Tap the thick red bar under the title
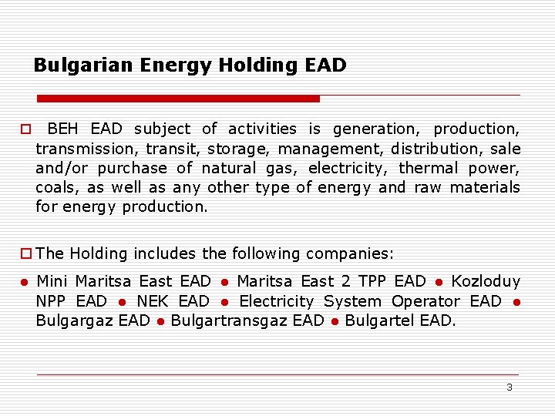pos(178,99)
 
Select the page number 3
pos(509,387)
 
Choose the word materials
pos(485,187)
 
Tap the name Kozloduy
pos(485,281)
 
